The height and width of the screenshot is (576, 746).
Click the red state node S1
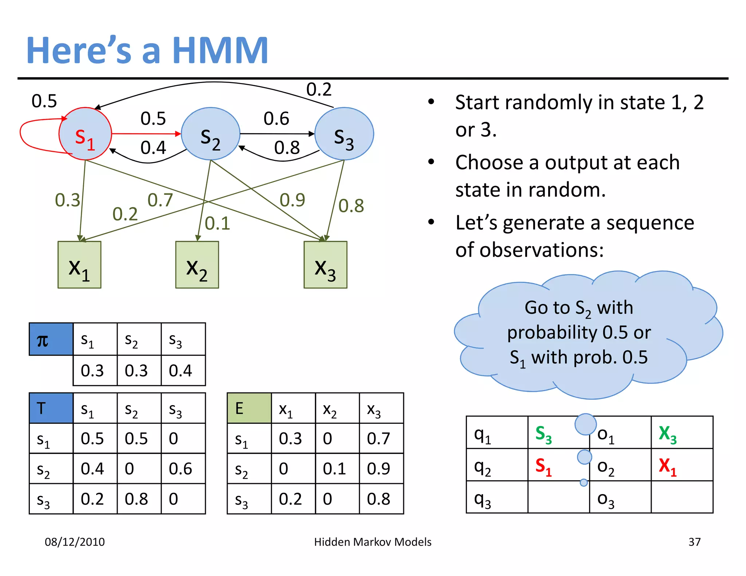point(85,134)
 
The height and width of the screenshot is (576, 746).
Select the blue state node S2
point(211,134)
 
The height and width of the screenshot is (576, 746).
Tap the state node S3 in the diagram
point(344,134)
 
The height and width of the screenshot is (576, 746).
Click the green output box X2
point(197,265)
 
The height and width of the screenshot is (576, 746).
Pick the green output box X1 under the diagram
point(79,265)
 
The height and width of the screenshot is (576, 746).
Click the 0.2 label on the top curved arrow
point(319,90)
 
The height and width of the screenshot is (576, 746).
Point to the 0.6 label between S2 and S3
point(276,119)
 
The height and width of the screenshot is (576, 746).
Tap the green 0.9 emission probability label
point(292,200)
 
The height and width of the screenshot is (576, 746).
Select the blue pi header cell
point(51,339)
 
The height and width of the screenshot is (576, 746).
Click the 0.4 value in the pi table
point(181,371)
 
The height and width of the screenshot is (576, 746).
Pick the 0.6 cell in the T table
point(181,469)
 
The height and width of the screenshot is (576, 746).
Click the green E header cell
point(249,408)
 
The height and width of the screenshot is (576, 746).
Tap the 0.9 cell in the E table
point(379,469)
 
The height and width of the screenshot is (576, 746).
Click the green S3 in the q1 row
point(543,434)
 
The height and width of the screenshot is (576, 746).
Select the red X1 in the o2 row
point(667,466)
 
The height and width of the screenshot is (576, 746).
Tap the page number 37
point(694,542)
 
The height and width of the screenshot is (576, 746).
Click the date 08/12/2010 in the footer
point(75,542)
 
